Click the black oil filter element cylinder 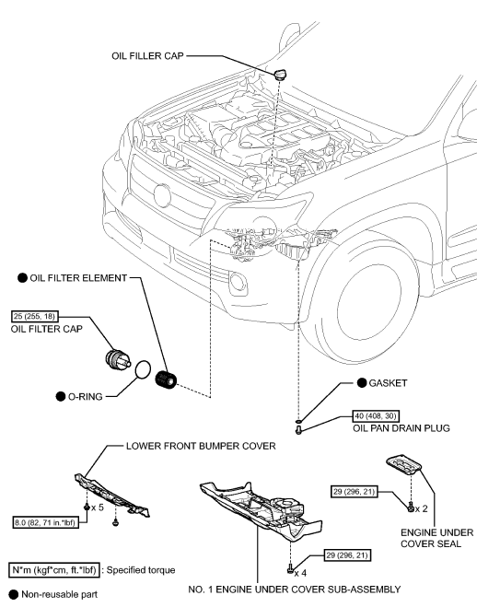(169, 379)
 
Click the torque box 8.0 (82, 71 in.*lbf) (46, 520)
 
